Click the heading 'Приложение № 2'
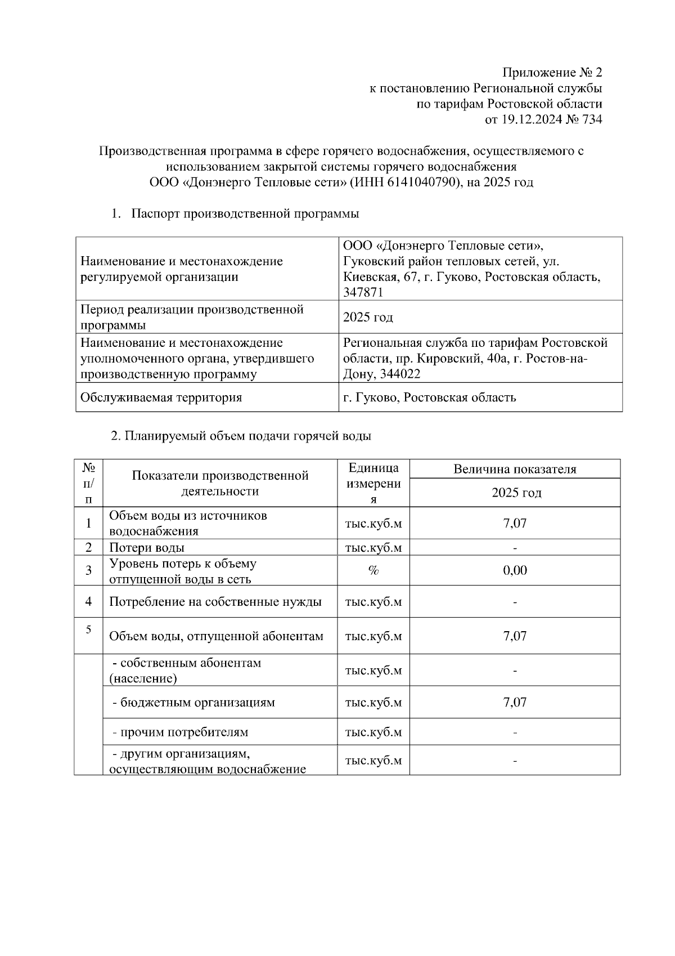pyautogui.click(x=552, y=73)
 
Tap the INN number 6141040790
pyautogui.click(x=420, y=182)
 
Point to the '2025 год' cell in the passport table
pyautogui.click(x=368, y=317)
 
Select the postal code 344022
pyautogui.click(x=400, y=374)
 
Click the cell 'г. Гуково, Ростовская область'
pyautogui.click(x=429, y=397)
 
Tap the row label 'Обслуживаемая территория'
pyautogui.click(x=161, y=397)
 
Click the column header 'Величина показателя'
pyautogui.click(x=515, y=469)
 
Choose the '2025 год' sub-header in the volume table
pyautogui.click(x=516, y=493)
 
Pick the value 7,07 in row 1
pyautogui.click(x=515, y=523)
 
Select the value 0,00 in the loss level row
pyautogui.click(x=515, y=570)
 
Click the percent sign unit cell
pyautogui.click(x=373, y=570)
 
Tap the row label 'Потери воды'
pyautogui.click(x=147, y=547)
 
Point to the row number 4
pyautogui.click(x=89, y=601)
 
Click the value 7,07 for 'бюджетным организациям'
pyautogui.click(x=515, y=702)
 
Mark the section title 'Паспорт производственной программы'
pyautogui.click(x=245, y=214)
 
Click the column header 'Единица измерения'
pyautogui.click(x=373, y=483)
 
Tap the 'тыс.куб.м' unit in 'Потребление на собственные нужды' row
pyautogui.click(x=373, y=602)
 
